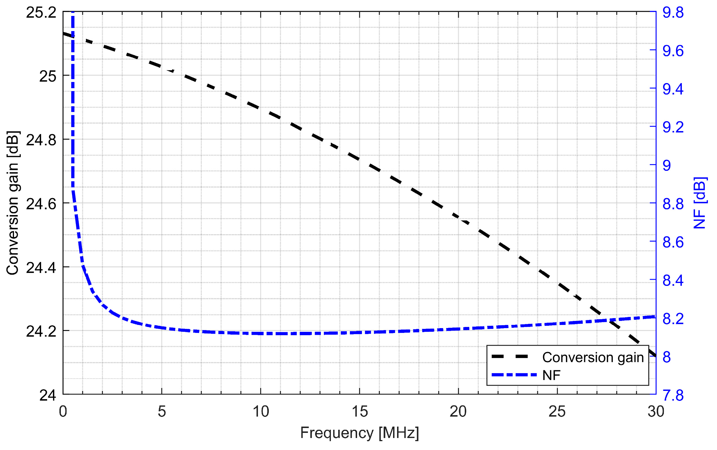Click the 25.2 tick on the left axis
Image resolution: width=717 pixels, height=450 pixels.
click(x=41, y=13)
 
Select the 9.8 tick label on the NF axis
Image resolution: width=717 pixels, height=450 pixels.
click(x=673, y=13)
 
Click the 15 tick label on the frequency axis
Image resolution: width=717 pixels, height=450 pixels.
click(x=359, y=412)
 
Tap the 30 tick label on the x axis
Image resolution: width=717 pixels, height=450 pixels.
click(x=656, y=412)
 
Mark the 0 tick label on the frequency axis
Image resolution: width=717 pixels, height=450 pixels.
click(x=63, y=412)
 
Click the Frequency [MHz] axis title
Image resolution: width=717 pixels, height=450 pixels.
click(x=359, y=433)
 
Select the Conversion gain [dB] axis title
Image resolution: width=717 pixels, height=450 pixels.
click(x=13, y=203)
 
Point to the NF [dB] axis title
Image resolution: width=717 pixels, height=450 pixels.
click(x=700, y=203)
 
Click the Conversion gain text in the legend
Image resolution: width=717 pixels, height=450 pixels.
click(x=593, y=357)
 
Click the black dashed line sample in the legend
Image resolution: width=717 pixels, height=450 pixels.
click(x=510, y=357)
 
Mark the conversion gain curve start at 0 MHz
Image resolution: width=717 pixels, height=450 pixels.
click(x=63, y=33)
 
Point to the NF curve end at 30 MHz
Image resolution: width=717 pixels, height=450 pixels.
click(x=655, y=316)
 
